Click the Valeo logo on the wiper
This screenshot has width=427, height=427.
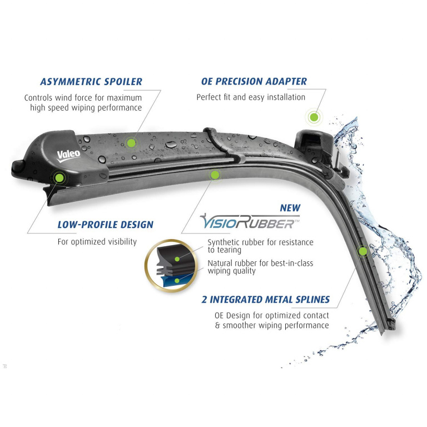click(68, 156)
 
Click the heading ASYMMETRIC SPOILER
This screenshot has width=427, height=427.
click(91, 82)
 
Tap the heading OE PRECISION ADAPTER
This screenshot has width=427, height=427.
click(254, 81)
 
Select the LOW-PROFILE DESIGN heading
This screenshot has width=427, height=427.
click(106, 225)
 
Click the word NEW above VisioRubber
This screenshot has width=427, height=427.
click(290, 208)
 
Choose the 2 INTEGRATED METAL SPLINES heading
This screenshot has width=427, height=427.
click(266, 300)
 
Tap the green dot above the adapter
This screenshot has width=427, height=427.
click(314, 117)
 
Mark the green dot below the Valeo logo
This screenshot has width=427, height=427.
click(59, 178)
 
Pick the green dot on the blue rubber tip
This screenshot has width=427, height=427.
click(177, 280)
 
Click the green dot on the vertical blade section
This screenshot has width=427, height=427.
click(363, 251)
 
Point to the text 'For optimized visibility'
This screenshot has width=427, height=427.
click(97, 242)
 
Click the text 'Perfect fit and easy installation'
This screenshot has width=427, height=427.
click(251, 97)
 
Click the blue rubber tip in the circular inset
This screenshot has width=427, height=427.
click(173, 281)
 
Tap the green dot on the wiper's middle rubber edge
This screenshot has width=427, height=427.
click(215, 175)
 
